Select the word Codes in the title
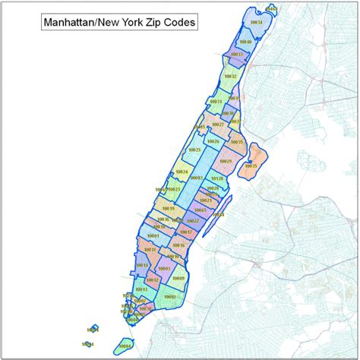coord(180,23)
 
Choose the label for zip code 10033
coord(236,55)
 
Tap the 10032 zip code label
coord(229,76)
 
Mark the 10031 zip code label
coord(216,102)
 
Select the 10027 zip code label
coord(218,124)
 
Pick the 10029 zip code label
coord(226,161)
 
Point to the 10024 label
coord(181,172)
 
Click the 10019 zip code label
coord(169,208)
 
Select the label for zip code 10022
coord(193,221)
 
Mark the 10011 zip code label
coord(150,250)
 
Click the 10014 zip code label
coord(141,265)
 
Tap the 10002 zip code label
coord(169,297)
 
